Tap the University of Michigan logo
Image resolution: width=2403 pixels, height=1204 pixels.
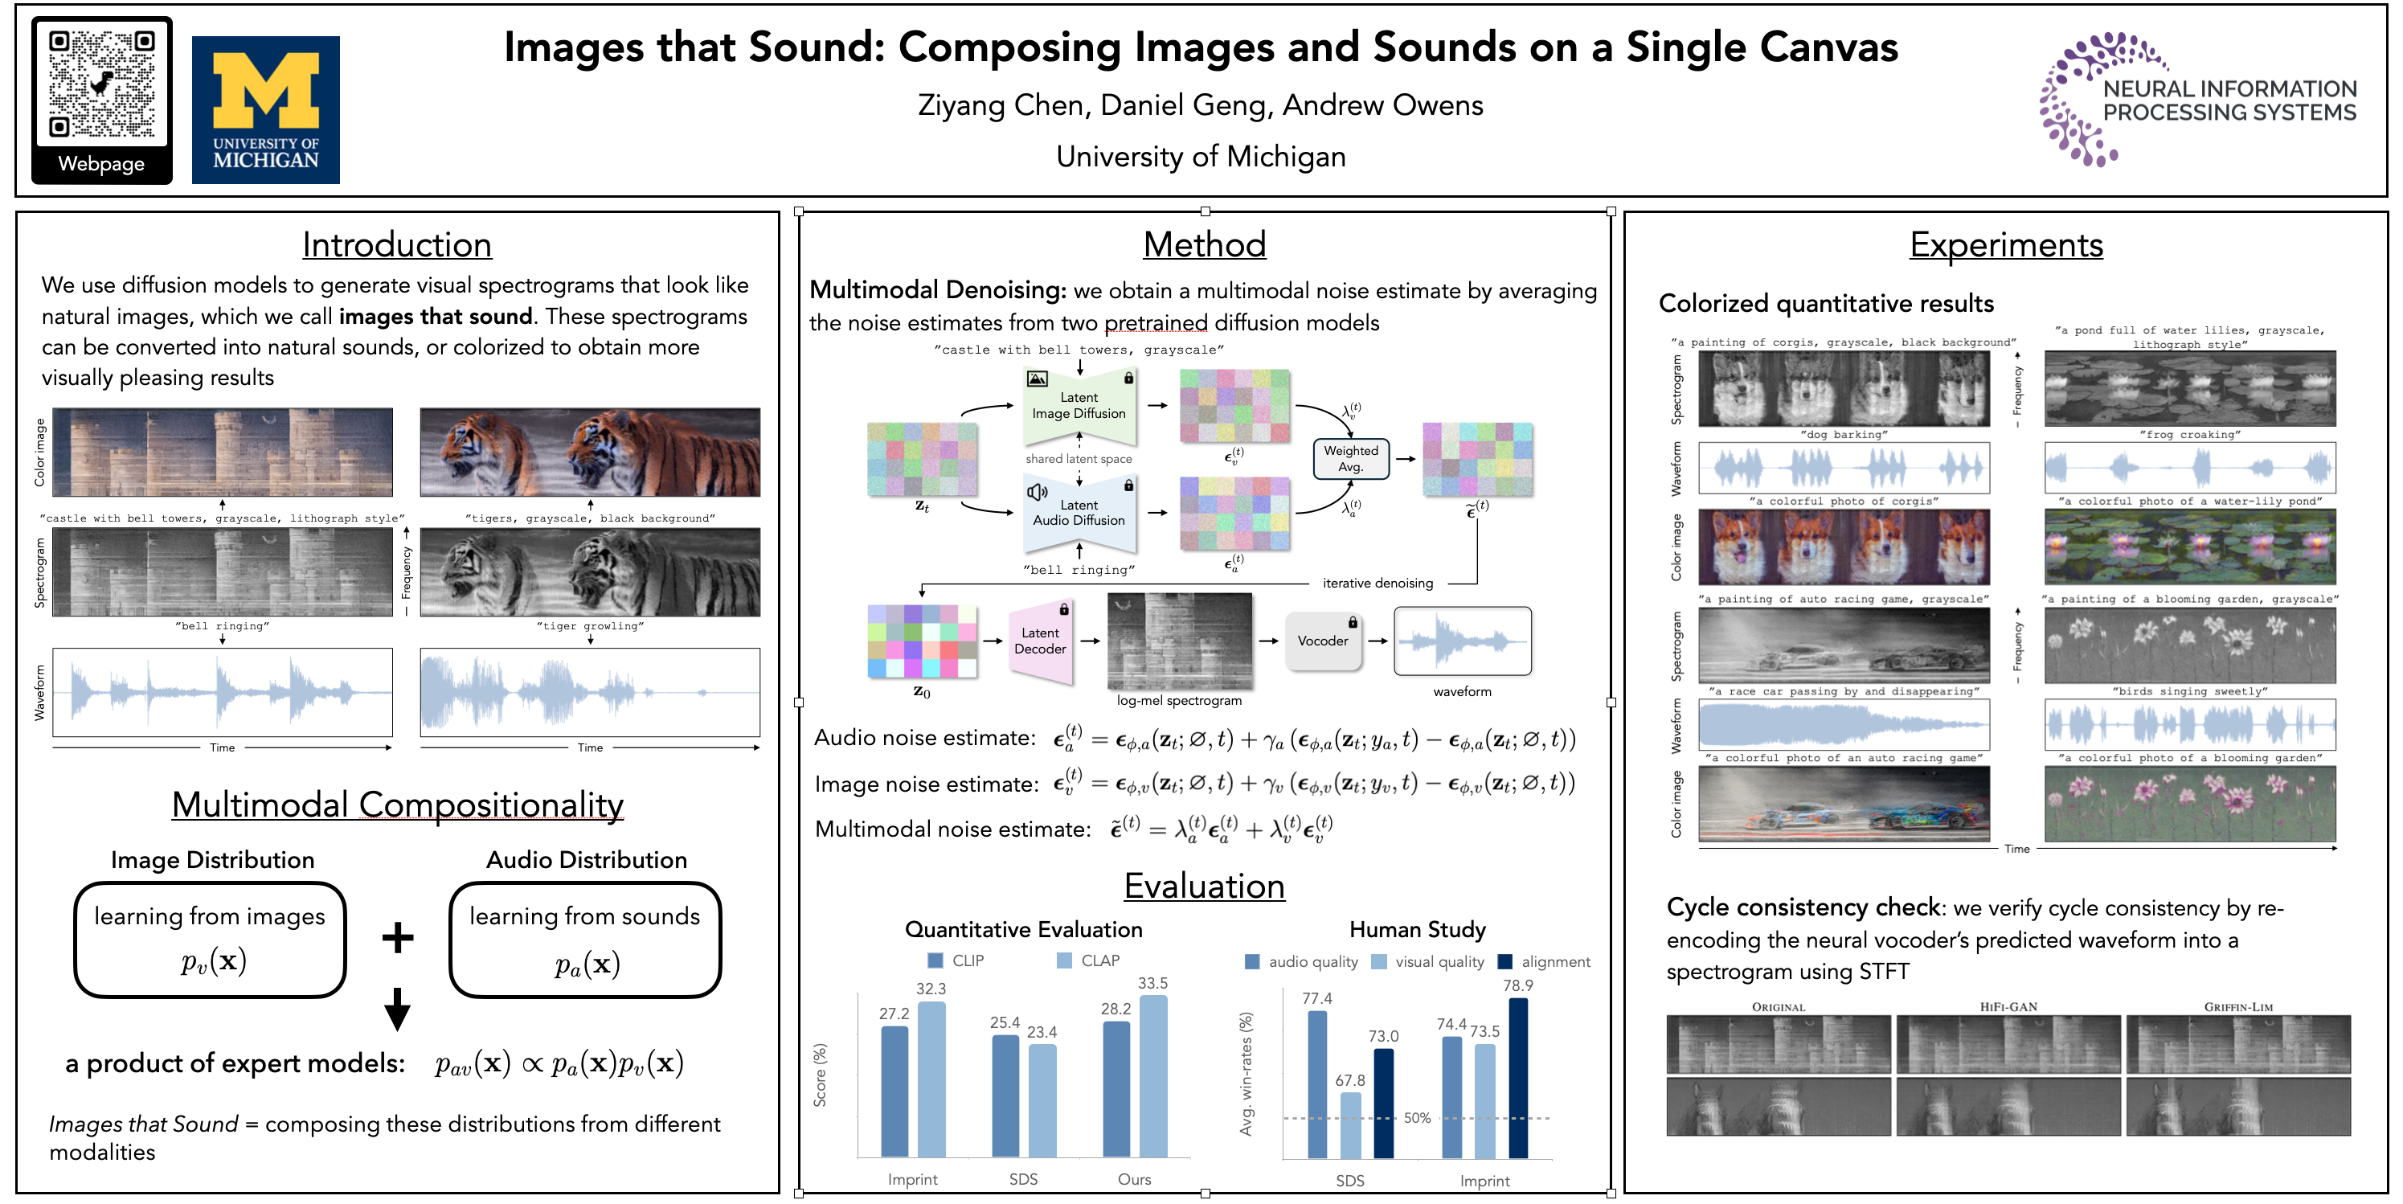[266, 109]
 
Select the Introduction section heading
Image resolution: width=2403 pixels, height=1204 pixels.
[396, 244]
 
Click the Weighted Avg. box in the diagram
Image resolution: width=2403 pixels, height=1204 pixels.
[1350, 459]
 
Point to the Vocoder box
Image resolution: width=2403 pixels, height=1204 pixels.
[1322, 641]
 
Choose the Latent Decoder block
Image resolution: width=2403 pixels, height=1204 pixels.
[1040, 641]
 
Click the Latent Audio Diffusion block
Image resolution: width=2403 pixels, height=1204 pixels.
[1079, 512]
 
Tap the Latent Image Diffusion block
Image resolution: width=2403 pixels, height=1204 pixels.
[1079, 406]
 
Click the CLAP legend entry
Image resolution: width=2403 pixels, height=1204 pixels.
[1089, 960]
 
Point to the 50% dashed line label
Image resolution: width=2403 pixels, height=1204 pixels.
[1417, 1118]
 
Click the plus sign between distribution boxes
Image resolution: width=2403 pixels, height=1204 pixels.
[397, 937]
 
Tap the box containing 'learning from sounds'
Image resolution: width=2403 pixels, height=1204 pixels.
[585, 939]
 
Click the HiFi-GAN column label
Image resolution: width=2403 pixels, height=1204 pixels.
[2008, 1007]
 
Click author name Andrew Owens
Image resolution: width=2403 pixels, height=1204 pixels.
[1382, 105]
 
